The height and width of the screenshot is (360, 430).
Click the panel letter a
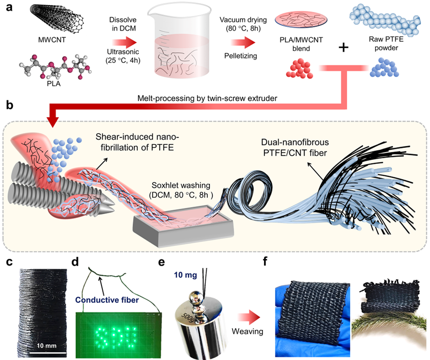(x=7, y=8)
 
